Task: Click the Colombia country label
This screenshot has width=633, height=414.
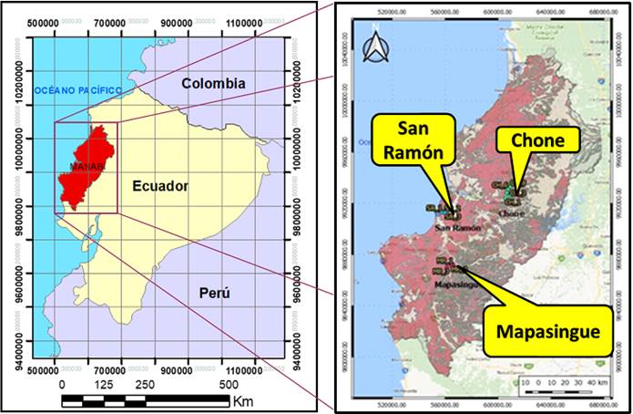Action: [x=213, y=83]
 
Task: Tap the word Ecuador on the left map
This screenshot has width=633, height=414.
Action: [x=159, y=186]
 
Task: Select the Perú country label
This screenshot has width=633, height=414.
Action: [x=214, y=294]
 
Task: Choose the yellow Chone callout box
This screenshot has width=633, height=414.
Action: [x=537, y=140]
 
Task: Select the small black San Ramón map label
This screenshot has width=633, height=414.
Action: [x=457, y=227]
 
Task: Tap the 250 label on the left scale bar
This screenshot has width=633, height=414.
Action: [x=146, y=385]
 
